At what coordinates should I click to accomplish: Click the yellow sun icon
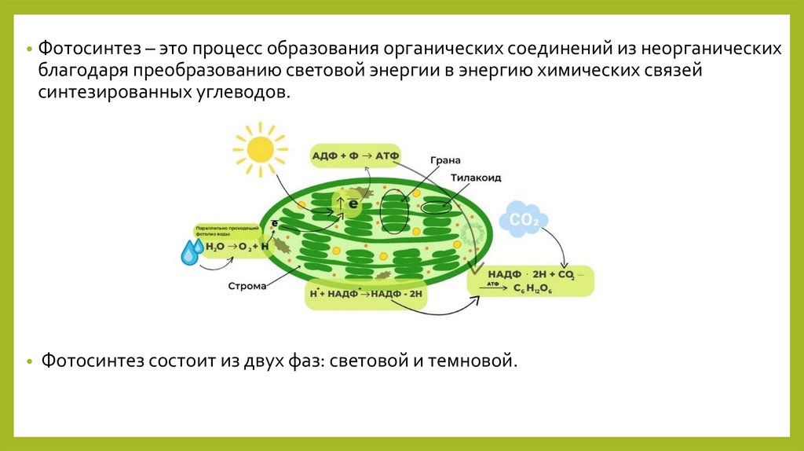coord(258,147)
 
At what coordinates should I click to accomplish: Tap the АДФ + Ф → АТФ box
coord(356,156)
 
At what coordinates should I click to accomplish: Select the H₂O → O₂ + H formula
coord(237,247)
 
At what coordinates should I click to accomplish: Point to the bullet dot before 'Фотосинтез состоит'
coord(29,362)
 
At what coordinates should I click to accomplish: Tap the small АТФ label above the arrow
coord(492,283)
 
